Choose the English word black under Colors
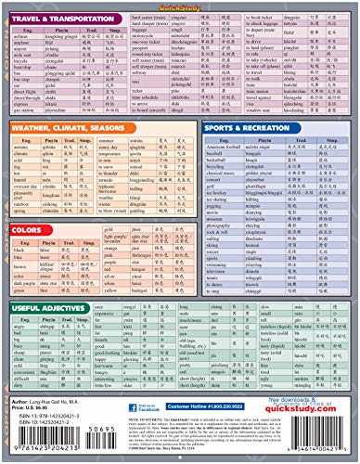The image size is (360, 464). pos(19,251)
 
